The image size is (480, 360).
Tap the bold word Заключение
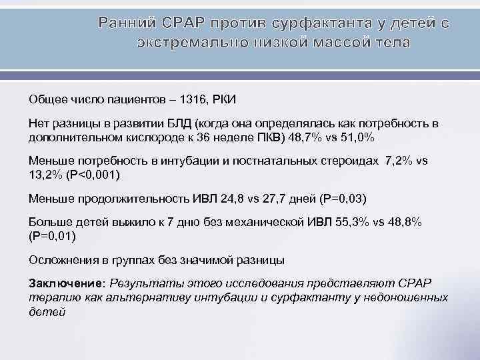click(x=66, y=282)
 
